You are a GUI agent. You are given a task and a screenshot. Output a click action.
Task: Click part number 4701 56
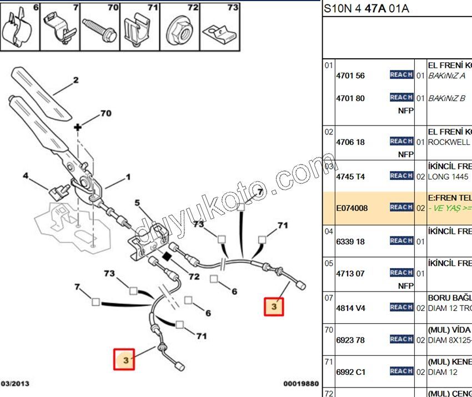[350, 76]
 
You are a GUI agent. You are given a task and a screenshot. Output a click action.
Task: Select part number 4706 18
[350, 142]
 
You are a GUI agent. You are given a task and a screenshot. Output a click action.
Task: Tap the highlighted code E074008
[352, 208]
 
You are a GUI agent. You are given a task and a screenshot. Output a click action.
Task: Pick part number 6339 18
[350, 242]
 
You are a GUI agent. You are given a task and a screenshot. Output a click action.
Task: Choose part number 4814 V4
[350, 308]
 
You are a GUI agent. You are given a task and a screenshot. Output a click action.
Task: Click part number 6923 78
[350, 340]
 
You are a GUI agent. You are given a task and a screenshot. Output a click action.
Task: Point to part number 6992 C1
[350, 372]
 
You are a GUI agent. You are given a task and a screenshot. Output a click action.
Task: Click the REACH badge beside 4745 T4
[401, 176]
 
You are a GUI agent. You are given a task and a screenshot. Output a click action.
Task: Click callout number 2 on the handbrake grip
[76, 80]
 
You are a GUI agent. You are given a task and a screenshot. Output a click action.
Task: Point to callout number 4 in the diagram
[25, 177]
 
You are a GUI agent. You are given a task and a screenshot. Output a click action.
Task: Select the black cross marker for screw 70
[78, 127]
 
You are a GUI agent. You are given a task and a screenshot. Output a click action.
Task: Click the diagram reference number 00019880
[301, 384]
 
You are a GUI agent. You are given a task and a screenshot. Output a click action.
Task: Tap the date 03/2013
[16, 384]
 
